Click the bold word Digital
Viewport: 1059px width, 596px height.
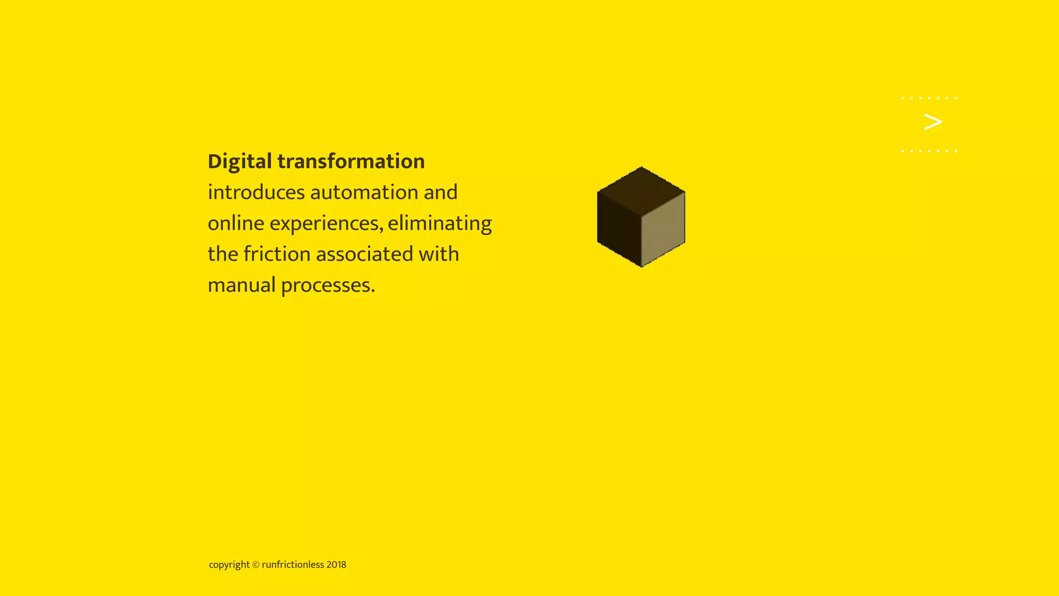[239, 162]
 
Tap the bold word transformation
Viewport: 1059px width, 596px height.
[351, 161]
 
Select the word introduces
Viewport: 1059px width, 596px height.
[256, 192]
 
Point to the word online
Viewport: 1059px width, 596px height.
[236, 224]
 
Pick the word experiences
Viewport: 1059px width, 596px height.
[326, 224]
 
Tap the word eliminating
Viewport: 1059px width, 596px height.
[440, 224]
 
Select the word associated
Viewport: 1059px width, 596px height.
[365, 254]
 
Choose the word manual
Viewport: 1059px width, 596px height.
[241, 285]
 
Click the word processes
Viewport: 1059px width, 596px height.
[328, 286]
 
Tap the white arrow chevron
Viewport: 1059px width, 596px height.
[932, 122]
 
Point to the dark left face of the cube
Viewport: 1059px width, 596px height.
[619, 228]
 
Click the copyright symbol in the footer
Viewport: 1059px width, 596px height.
[255, 565]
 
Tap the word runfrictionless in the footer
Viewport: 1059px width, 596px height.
[293, 565]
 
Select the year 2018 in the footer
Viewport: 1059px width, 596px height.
[336, 565]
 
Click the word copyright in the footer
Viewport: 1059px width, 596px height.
[229, 565]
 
